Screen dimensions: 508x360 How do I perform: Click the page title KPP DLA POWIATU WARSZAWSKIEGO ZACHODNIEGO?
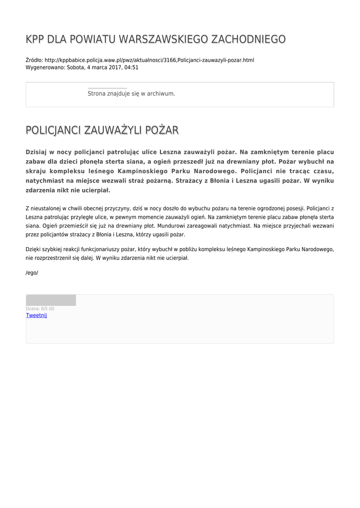(155, 39)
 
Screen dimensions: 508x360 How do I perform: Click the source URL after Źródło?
(149, 60)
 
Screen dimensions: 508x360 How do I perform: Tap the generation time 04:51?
(132, 67)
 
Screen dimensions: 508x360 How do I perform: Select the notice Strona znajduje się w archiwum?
(131, 93)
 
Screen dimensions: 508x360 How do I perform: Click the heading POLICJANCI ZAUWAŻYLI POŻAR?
(102, 130)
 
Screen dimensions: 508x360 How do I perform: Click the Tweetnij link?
(36, 316)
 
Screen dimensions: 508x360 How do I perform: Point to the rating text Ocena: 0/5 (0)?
(40, 309)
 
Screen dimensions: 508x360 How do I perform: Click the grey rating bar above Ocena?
(51, 300)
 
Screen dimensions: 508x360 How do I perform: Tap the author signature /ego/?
(32, 273)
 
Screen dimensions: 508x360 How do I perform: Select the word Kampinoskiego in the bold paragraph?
(142, 171)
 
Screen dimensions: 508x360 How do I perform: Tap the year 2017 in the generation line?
(115, 67)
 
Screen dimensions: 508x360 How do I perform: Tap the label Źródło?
(34, 60)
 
